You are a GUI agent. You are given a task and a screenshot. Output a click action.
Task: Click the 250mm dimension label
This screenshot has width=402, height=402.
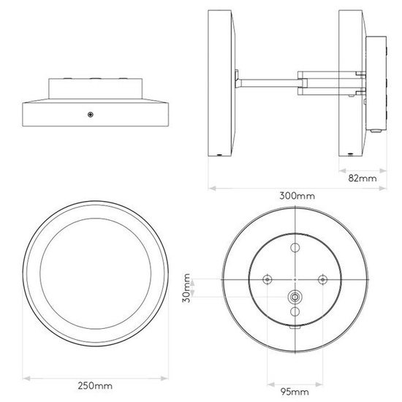tap(95, 386)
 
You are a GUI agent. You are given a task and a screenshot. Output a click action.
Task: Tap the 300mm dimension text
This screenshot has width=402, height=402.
tap(297, 196)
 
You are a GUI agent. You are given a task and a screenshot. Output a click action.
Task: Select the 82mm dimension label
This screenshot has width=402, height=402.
tap(363, 178)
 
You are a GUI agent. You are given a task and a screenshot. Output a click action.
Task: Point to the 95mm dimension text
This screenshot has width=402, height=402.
tap(295, 392)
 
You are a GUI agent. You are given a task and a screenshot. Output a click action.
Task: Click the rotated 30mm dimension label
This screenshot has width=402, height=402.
tap(186, 288)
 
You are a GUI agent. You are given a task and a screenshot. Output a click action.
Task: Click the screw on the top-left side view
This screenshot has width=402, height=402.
tap(90, 115)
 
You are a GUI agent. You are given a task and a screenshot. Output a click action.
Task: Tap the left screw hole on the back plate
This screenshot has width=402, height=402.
tap(268, 279)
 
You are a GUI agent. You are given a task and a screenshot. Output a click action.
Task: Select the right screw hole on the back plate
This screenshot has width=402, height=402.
tap(322, 279)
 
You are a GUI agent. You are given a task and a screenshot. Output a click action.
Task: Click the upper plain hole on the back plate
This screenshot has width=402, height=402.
tap(295, 248)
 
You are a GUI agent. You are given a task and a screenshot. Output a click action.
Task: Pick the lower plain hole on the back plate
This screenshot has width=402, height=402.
tap(295, 312)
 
